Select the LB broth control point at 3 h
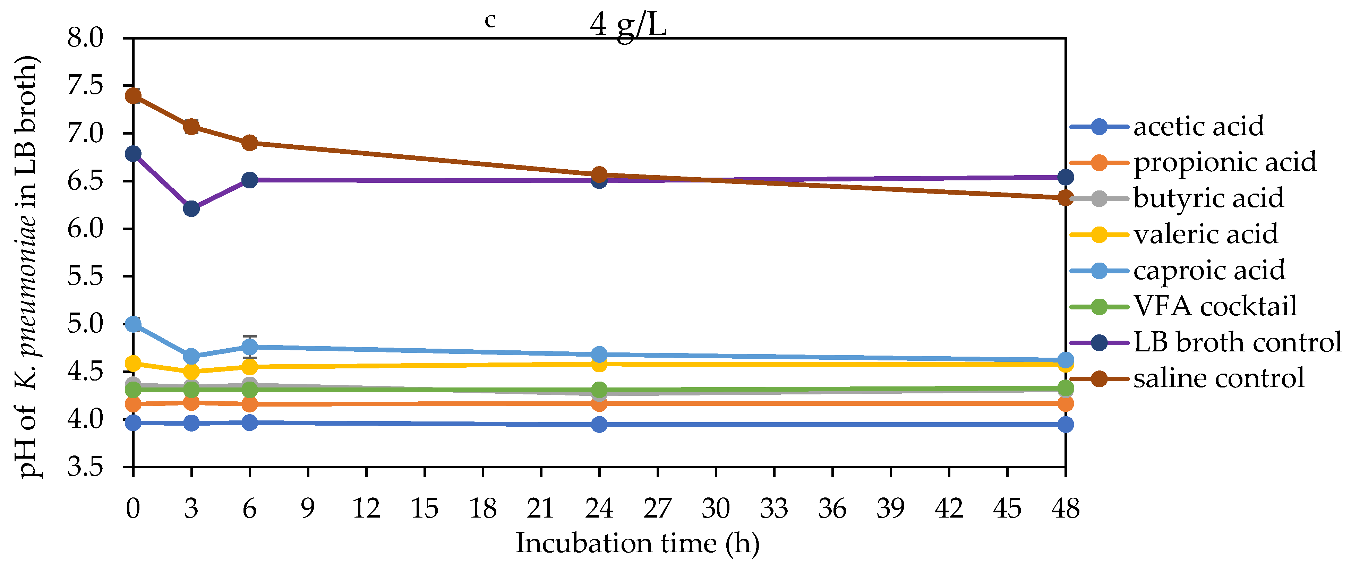click(x=191, y=209)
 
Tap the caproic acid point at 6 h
click(x=250, y=347)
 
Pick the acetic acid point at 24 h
click(x=599, y=425)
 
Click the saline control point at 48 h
click(x=1065, y=198)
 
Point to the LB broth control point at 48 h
click(x=1065, y=177)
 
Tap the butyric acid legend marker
click(x=1099, y=199)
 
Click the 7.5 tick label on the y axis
click(x=85, y=86)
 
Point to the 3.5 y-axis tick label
click(x=85, y=467)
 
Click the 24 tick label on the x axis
click(x=599, y=509)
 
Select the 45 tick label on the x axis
click(x=1007, y=509)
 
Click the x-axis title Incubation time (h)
click(x=637, y=543)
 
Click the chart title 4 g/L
click(x=628, y=24)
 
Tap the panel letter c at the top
click(x=490, y=20)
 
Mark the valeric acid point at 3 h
click(x=191, y=372)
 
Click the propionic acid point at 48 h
click(x=1065, y=403)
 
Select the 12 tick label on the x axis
click(x=366, y=509)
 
